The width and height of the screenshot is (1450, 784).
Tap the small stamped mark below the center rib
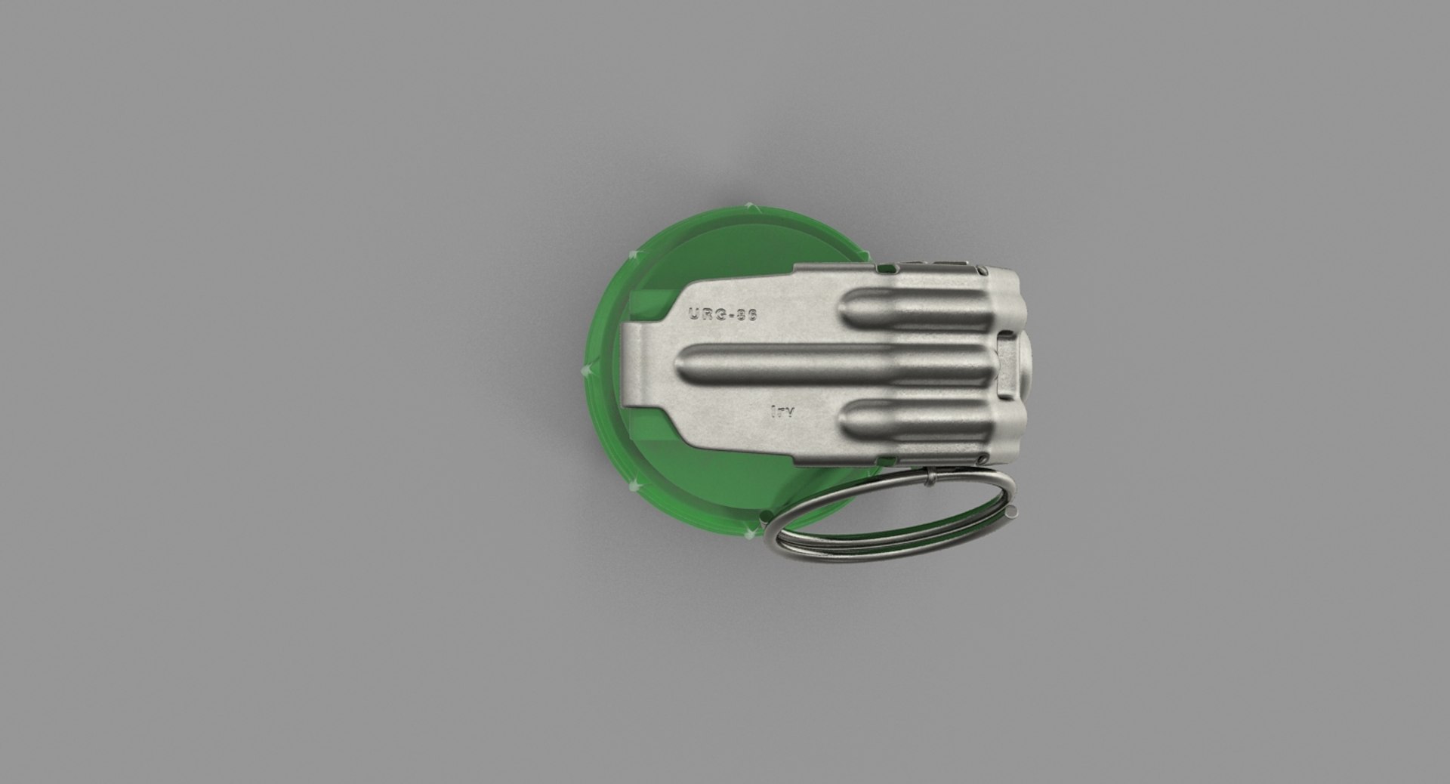pyautogui.click(x=782, y=412)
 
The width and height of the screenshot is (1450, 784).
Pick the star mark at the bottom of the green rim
pyautogui.click(x=749, y=534)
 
